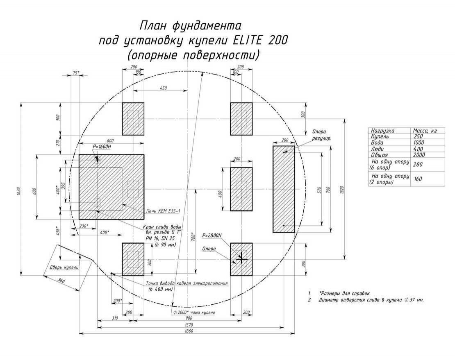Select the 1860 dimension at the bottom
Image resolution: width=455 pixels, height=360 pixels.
pos(187,331)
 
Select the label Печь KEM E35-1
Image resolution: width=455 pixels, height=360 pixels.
pos(163,211)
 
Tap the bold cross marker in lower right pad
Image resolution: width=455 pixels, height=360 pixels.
pos(241,259)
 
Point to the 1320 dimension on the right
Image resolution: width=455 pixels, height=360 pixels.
pos(341,189)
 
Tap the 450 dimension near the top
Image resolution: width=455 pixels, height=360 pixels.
pos(163,88)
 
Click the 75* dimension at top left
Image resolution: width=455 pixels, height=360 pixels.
pos(76,72)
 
